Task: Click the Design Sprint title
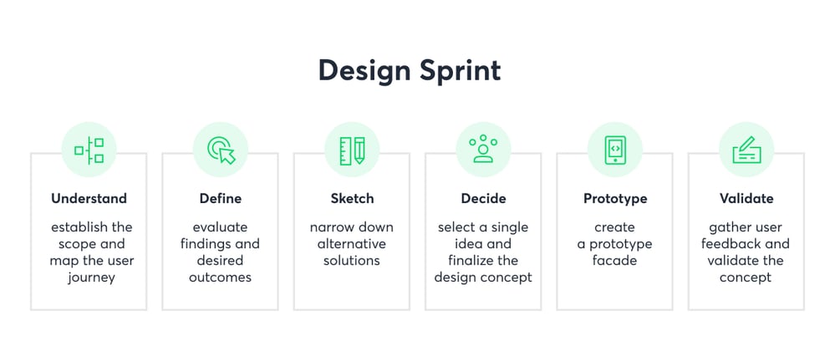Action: (x=410, y=71)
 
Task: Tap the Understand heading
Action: (x=89, y=199)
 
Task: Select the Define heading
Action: (x=221, y=199)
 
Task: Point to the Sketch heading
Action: (x=352, y=199)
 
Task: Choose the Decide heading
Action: (x=484, y=199)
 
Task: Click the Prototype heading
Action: (x=615, y=199)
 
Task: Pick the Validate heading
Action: (x=746, y=199)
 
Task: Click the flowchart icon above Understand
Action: (x=89, y=150)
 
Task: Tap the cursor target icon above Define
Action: (x=221, y=150)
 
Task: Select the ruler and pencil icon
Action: (x=352, y=150)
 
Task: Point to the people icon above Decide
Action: (x=484, y=149)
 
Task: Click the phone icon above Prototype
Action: (x=615, y=150)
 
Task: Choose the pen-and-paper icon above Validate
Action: (x=746, y=150)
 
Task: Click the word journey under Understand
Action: (x=91, y=278)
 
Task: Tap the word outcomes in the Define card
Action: (x=220, y=277)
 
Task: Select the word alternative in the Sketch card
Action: (x=351, y=244)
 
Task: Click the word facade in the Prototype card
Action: (x=614, y=261)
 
